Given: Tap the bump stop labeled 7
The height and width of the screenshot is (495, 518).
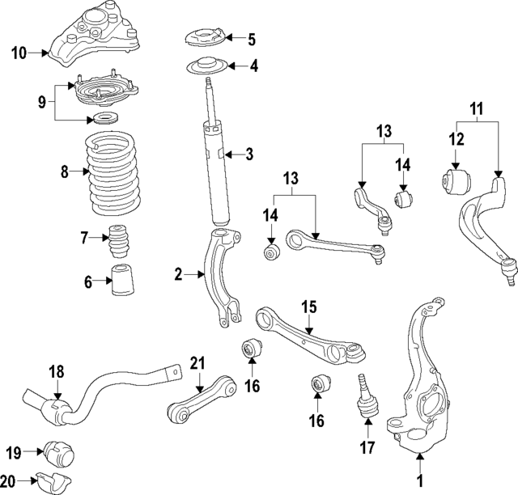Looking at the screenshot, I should [120, 238].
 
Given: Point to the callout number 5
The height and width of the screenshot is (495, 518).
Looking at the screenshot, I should [252, 38].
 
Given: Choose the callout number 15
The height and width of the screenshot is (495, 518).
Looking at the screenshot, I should [308, 307].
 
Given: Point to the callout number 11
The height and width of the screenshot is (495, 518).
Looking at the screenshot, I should [477, 106].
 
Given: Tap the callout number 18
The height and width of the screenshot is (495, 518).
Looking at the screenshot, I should [55, 371].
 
